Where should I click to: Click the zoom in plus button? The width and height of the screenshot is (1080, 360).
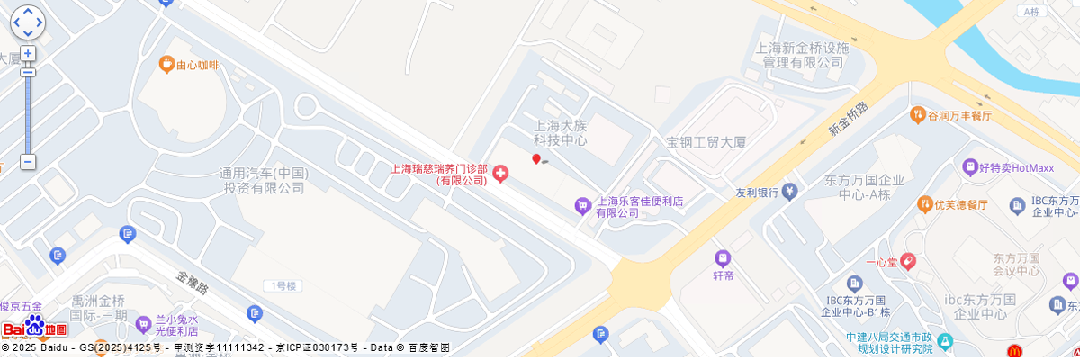pyautogui.click(x=28, y=54)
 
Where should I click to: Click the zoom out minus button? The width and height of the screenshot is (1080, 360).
pyautogui.click(x=28, y=162)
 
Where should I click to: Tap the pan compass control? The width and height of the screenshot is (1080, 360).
pyautogui.click(x=27, y=21)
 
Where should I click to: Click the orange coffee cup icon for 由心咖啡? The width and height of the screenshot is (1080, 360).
pyautogui.click(x=166, y=64)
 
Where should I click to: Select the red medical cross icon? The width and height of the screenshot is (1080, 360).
pyautogui.click(x=499, y=173)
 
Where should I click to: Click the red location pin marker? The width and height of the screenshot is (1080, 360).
pyautogui.click(x=536, y=159)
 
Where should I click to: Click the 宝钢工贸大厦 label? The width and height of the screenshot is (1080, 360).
pyautogui.click(x=706, y=142)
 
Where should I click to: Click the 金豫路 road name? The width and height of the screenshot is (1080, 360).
pyautogui.click(x=193, y=283)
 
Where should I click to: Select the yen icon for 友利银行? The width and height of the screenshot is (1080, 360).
pyautogui.click(x=789, y=191)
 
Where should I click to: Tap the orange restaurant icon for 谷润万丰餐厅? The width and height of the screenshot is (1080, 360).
pyautogui.click(x=918, y=114)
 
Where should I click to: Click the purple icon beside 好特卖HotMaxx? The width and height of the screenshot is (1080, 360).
pyautogui.click(x=969, y=167)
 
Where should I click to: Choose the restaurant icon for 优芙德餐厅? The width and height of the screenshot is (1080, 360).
pyautogui.click(x=924, y=204)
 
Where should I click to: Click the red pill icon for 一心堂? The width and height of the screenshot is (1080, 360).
pyautogui.click(x=908, y=262)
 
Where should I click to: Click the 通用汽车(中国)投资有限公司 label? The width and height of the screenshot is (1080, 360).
pyautogui.click(x=264, y=181)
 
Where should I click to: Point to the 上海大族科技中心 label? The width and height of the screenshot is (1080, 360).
pyautogui.click(x=560, y=133)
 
